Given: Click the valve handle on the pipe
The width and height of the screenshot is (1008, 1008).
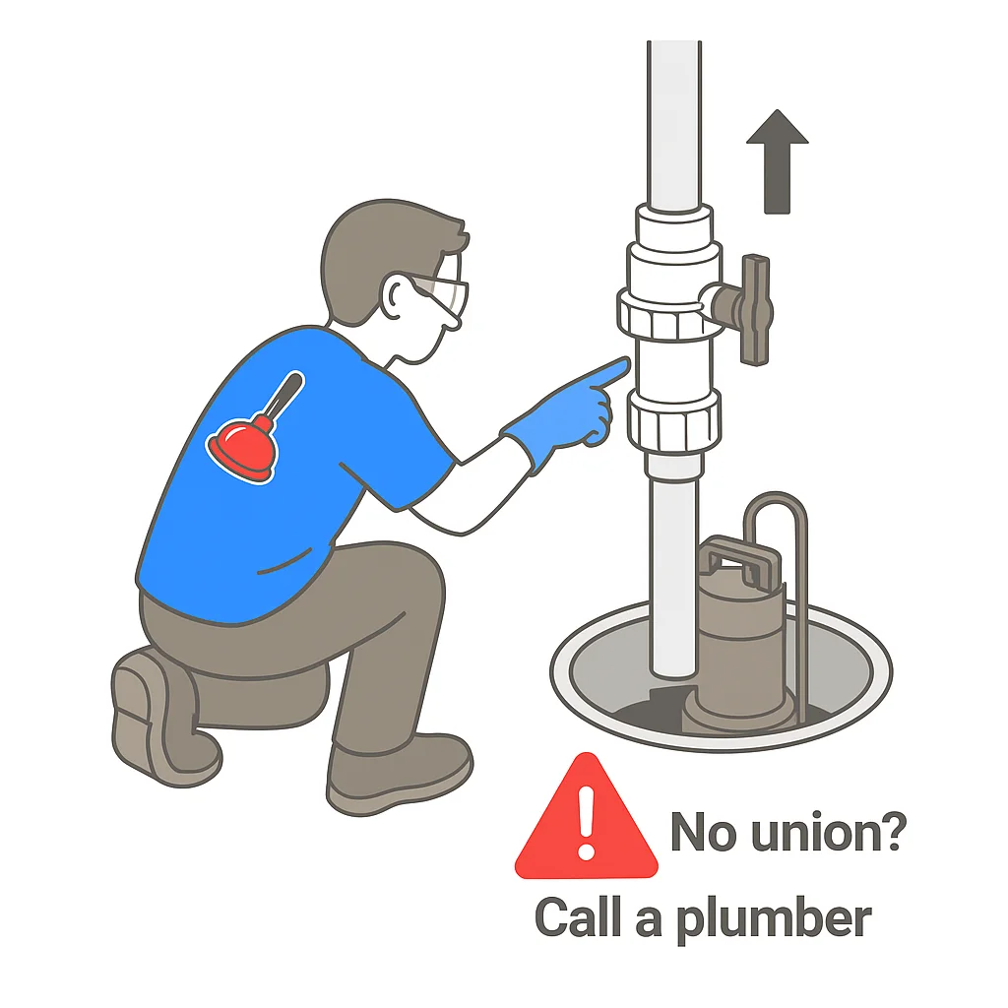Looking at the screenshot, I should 756,307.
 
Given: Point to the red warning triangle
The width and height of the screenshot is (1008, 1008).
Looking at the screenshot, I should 586,822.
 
